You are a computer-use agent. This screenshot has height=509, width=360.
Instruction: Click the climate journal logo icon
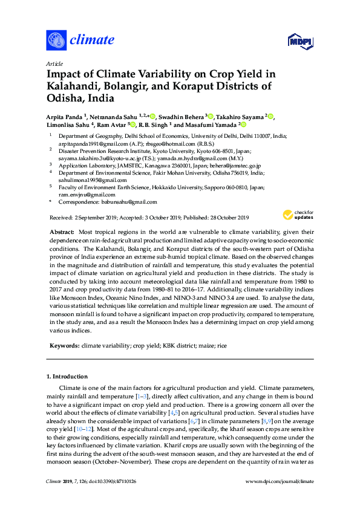(56, 41)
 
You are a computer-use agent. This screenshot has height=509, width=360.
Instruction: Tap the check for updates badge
(296, 215)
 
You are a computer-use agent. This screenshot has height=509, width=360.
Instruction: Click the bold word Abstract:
(62, 233)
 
